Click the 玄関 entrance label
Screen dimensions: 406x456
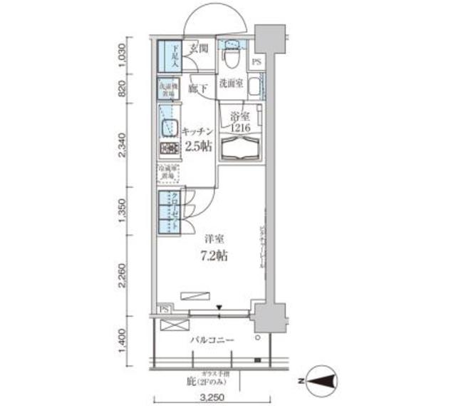coord(199,49)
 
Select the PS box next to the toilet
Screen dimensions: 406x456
coord(256,62)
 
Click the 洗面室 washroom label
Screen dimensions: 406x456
coord(231,83)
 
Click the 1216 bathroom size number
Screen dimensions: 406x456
coord(239,128)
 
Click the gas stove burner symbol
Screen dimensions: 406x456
coord(168,149)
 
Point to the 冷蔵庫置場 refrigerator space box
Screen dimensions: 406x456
coord(168,173)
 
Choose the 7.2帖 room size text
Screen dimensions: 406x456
coord(213,255)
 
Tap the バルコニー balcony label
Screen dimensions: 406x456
coord(212,340)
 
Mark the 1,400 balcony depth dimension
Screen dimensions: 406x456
coord(123,341)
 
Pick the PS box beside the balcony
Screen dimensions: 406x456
coord(164,309)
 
